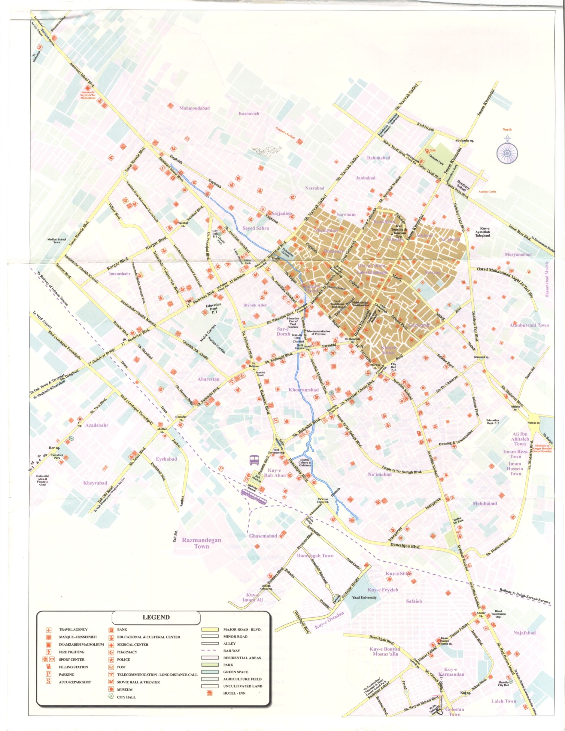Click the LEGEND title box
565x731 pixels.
156,617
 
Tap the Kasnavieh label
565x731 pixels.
249,114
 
